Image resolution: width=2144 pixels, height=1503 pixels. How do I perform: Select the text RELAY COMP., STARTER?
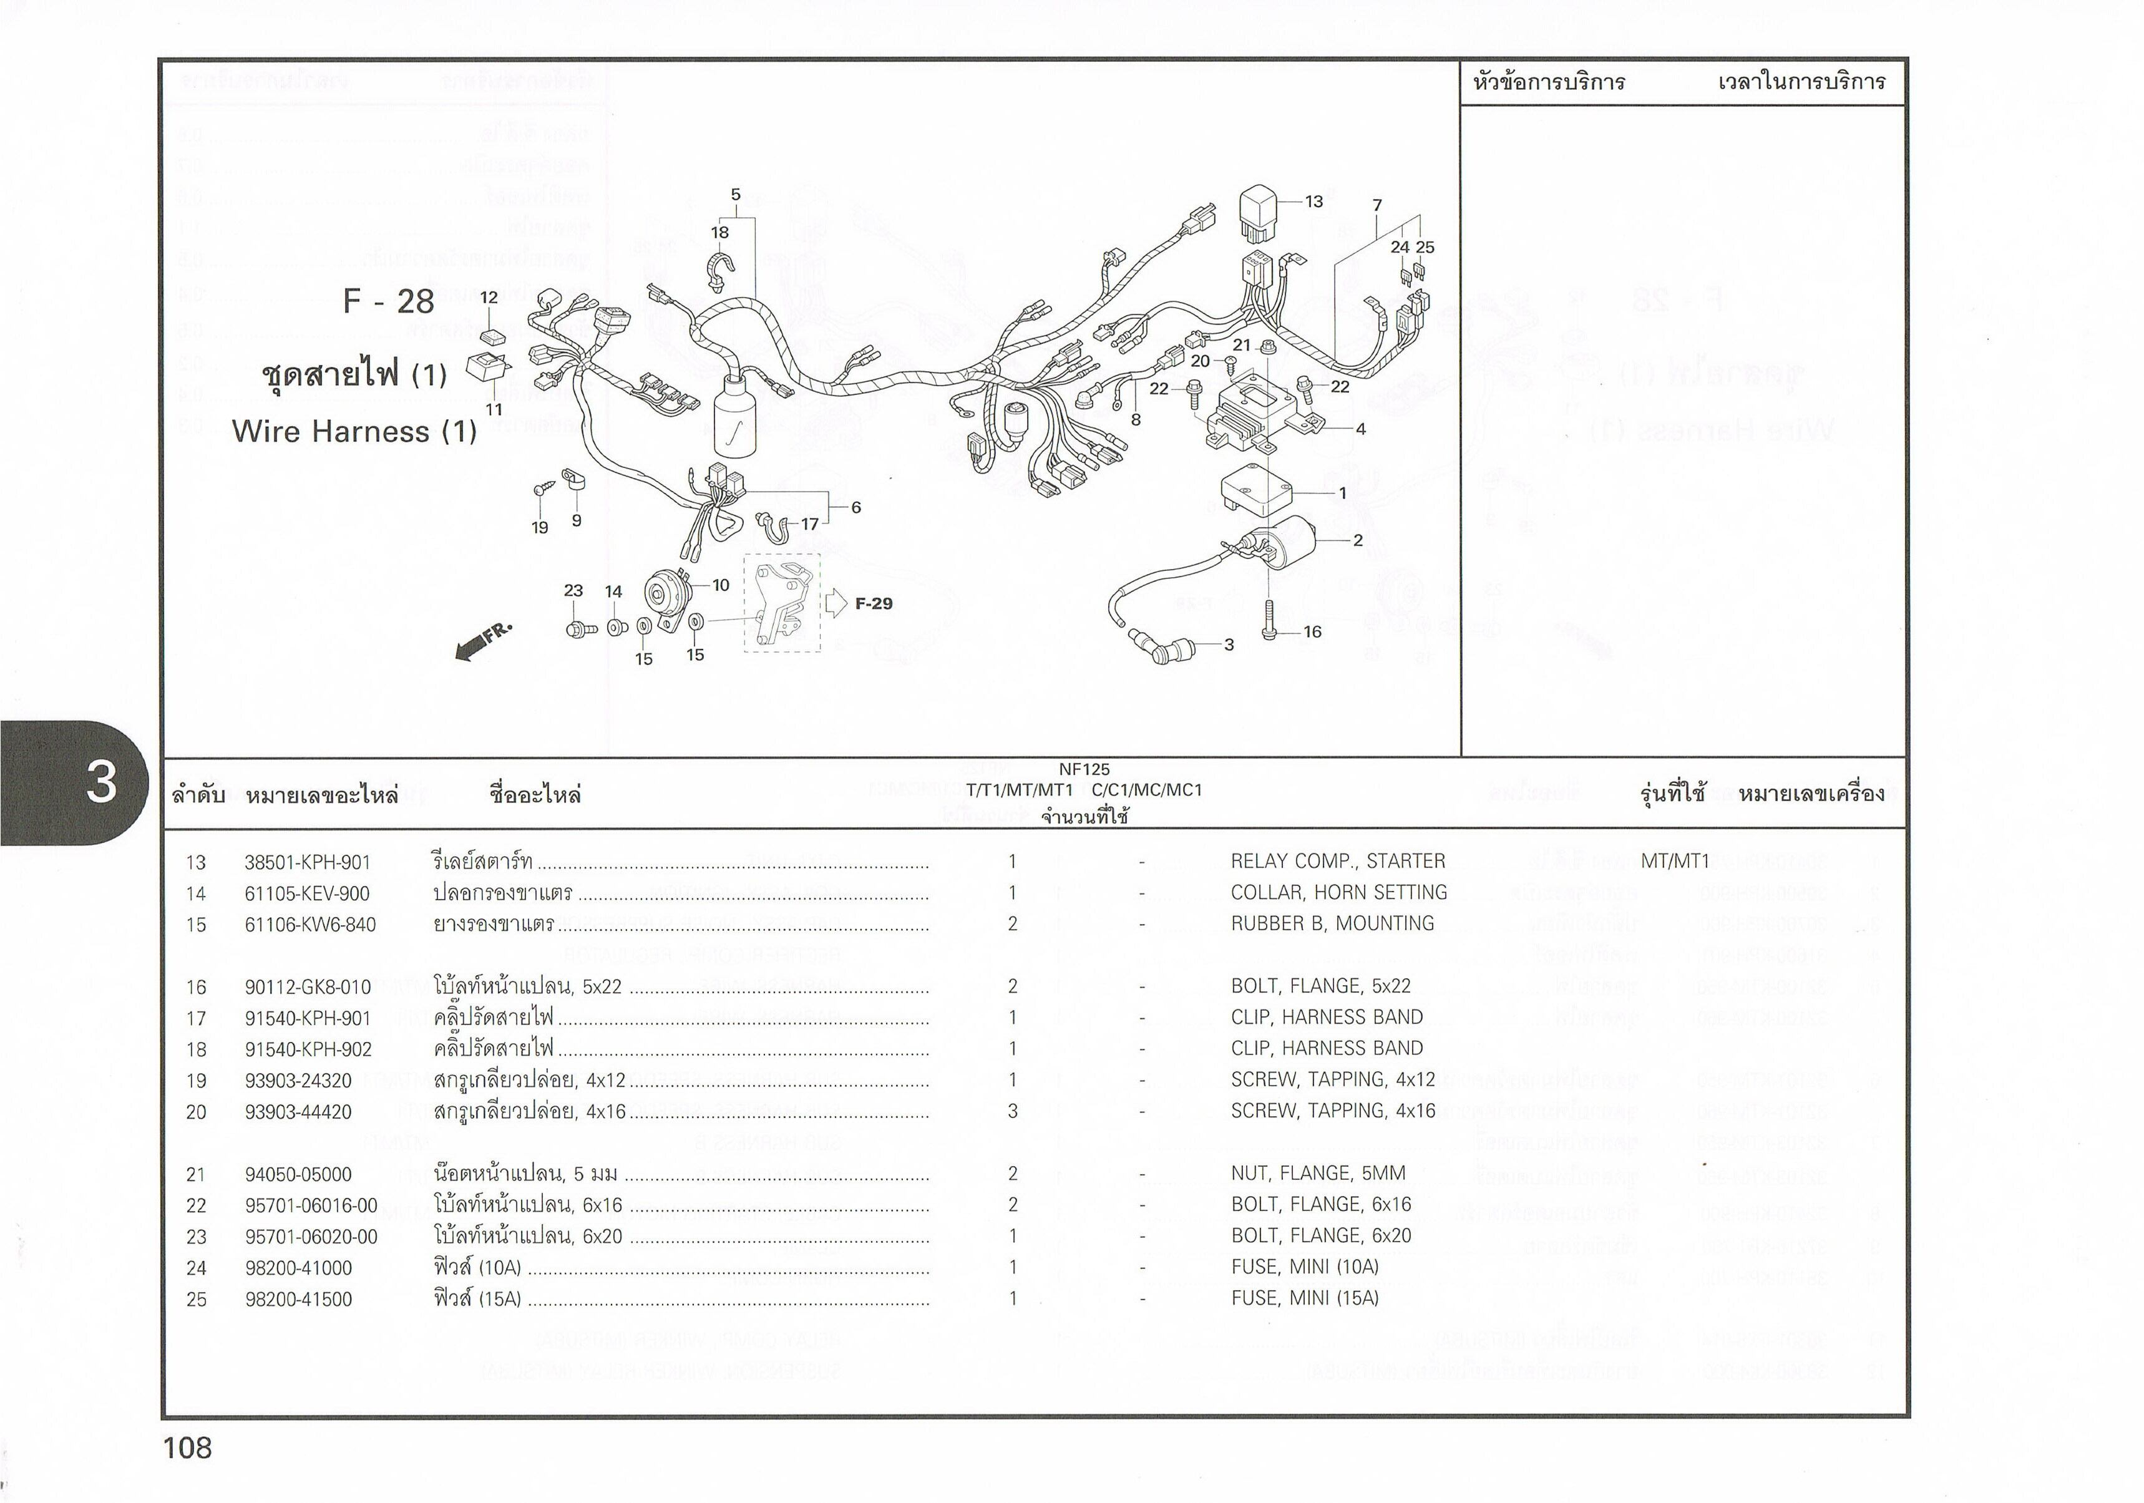point(1337,862)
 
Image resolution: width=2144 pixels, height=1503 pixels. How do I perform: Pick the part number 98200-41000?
point(298,1268)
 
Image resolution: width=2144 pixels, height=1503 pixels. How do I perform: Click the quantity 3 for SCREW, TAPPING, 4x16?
point(1012,1111)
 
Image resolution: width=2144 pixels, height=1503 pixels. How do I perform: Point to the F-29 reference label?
point(873,604)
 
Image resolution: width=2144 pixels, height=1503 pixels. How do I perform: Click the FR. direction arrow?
point(483,641)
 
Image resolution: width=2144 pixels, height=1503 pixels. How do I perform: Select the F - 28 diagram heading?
point(389,301)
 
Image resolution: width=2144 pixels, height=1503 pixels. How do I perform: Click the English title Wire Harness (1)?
point(354,431)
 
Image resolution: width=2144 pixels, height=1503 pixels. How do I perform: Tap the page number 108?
point(188,1448)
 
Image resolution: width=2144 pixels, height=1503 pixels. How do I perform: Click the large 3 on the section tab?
point(101,782)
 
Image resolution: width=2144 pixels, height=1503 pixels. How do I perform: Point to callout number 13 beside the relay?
point(1313,202)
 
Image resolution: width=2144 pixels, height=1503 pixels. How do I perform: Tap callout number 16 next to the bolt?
point(1312,632)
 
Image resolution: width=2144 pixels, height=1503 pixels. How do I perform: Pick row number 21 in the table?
point(196,1174)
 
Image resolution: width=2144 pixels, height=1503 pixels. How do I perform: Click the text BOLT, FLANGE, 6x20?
point(1320,1236)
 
